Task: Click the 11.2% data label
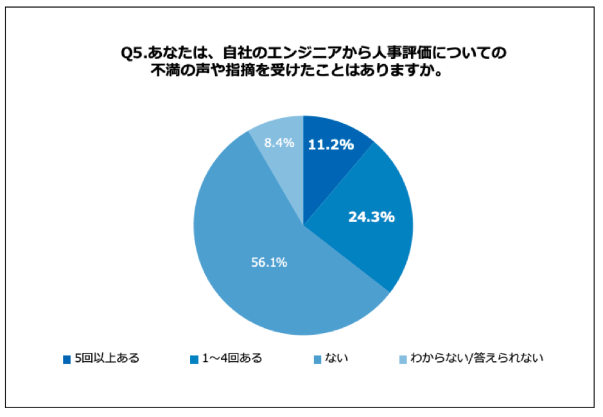coord(331,145)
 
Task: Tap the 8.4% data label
coord(279,143)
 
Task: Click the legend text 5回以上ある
coord(107,358)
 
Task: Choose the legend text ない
coord(337,358)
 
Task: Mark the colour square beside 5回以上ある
coord(67,359)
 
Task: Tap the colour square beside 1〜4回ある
coord(193,359)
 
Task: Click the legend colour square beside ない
coord(317,359)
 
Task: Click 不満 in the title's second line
coord(164,69)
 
